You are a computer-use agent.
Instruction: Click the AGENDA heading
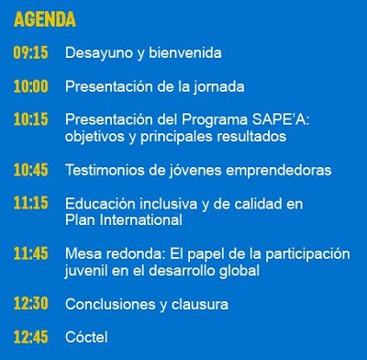[x=45, y=19]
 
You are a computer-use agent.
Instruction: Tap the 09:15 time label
[x=31, y=52]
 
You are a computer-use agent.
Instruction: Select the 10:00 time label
[x=31, y=86]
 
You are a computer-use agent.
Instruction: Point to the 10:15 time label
[x=31, y=119]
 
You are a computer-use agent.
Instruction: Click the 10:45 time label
[x=31, y=170]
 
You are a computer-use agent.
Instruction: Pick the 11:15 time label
[x=31, y=203]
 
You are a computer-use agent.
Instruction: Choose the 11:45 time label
[x=31, y=253]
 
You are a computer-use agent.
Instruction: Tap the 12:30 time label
[x=31, y=304]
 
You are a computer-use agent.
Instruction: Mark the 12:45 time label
[x=31, y=337]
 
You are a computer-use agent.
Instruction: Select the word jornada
[x=218, y=87]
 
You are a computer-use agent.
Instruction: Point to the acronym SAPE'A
[x=281, y=119]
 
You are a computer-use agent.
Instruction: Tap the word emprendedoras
[x=279, y=171]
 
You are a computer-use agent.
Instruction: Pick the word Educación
[x=100, y=204]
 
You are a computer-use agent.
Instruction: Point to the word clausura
[x=200, y=304]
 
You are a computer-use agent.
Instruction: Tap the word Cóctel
[x=86, y=337]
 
